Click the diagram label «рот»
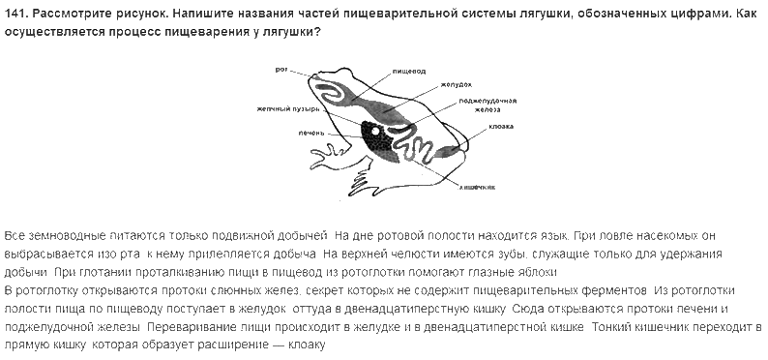click(281, 70)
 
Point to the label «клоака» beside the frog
click(501, 127)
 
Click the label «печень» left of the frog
click(311, 133)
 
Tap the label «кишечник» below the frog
click(477, 187)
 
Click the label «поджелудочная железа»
click(487, 105)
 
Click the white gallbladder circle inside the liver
click(375, 132)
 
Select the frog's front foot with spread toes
click(325, 157)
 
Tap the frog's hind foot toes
click(361, 183)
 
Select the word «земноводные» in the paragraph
click(74, 236)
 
